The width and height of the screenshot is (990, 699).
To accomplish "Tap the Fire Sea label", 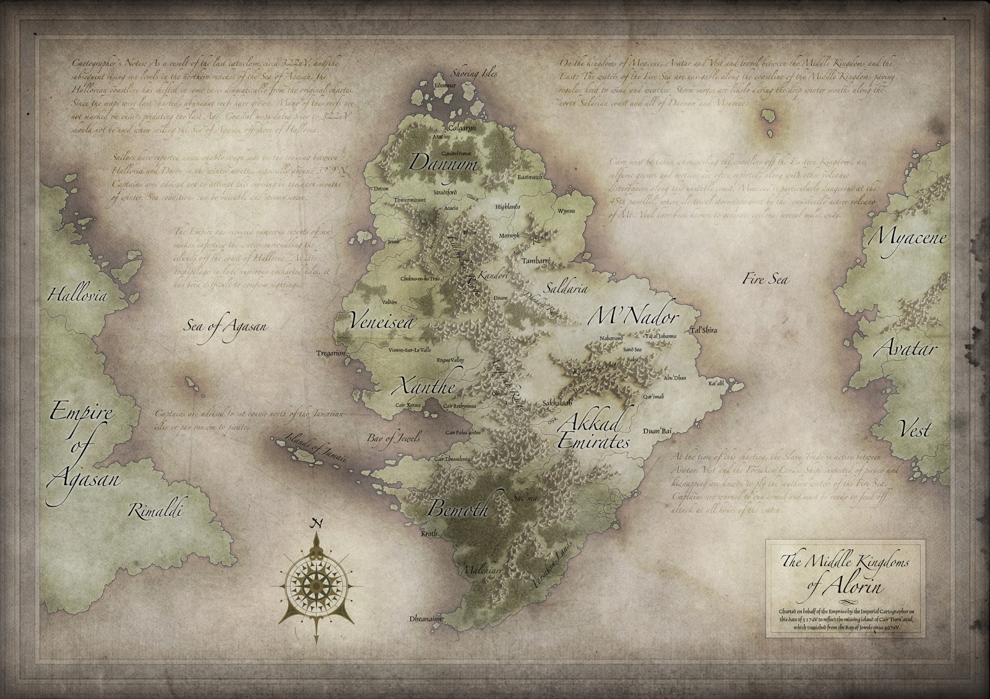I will [x=765, y=279].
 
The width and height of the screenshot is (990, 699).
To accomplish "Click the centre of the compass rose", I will [x=317, y=580].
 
